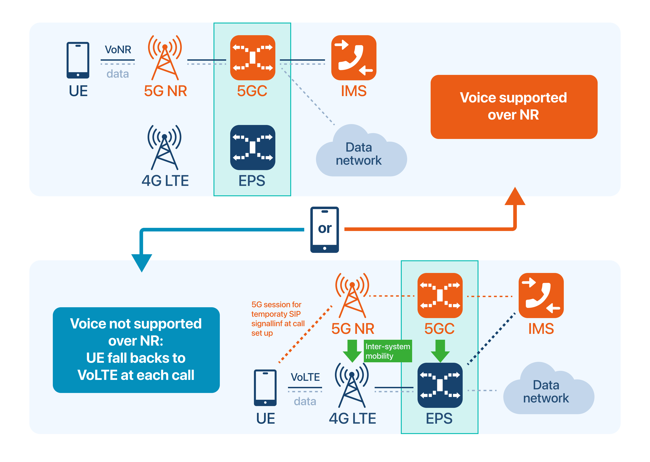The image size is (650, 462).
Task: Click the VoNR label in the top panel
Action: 118,50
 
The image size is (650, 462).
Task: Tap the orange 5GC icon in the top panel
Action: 252,58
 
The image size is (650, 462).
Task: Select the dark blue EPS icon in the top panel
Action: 252,147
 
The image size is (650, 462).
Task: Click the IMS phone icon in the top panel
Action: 353,58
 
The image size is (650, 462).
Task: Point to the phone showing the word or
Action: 324,230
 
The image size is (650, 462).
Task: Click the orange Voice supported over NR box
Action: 514,107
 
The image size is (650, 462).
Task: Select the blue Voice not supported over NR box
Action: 136,350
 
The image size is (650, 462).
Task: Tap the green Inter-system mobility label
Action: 388,351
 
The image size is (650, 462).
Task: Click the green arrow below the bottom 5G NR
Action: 352,351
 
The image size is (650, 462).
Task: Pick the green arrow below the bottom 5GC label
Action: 440,351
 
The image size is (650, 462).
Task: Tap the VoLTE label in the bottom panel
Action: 305,377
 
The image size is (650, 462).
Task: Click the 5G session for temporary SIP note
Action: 277,319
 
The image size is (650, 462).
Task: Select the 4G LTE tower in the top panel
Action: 165,147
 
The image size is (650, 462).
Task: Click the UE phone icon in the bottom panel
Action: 265,388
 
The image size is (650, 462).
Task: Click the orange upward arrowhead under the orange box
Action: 515,197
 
